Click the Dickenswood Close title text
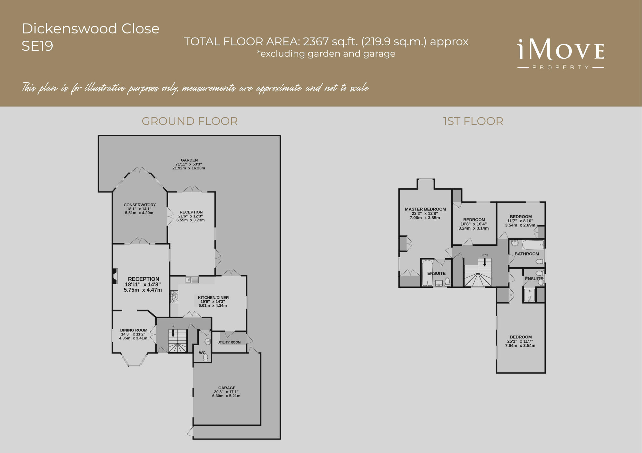pyautogui.click(x=91, y=29)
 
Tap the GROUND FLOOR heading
pyautogui.click(x=189, y=121)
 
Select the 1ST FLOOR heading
pyautogui.click(x=473, y=121)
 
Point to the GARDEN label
pyautogui.click(x=189, y=160)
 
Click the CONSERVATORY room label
pyautogui.click(x=140, y=205)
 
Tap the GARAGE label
pyautogui.click(x=227, y=388)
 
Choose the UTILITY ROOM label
pyautogui.click(x=229, y=342)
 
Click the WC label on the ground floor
pyautogui.click(x=202, y=353)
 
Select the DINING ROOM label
pyautogui.click(x=134, y=330)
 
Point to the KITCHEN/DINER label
pyautogui.click(x=213, y=297)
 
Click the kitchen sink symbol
pyautogui.click(x=192, y=280)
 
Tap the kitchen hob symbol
pyautogui.click(x=174, y=296)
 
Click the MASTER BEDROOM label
pyautogui.click(x=425, y=209)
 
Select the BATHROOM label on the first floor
pyautogui.click(x=527, y=254)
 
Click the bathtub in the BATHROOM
pyautogui.click(x=533, y=245)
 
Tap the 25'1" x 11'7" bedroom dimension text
pyautogui.click(x=520, y=341)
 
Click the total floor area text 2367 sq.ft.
pyautogui.click(x=326, y=42)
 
